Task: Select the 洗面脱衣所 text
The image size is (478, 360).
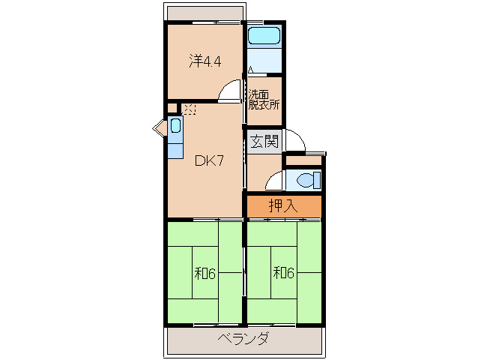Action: click(264, 100)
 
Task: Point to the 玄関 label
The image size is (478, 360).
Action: click(264, 140)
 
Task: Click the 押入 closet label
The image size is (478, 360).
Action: click(283, 206)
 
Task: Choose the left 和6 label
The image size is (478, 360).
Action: click(205, 273)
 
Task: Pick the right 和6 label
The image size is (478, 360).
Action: click(282, 273)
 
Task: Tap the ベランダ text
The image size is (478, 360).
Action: click(244, 338)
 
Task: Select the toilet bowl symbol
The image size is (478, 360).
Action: click(307, 180)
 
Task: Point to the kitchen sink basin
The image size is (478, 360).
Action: click(175, 125)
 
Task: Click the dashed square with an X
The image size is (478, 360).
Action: click(189, 109)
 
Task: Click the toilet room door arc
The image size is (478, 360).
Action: click(274, 180)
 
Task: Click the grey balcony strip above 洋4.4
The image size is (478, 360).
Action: click(205, 13)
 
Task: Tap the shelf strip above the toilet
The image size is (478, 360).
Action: click(303, 160)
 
